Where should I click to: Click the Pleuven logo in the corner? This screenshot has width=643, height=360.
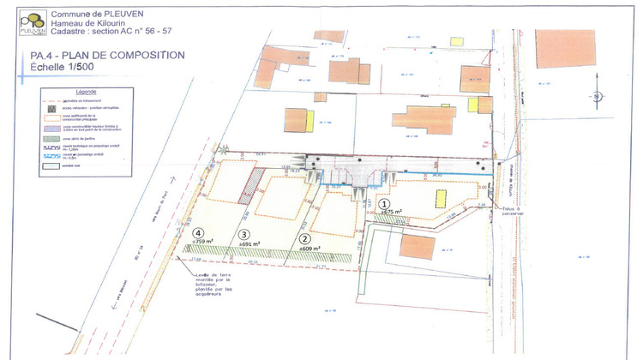point(33,22)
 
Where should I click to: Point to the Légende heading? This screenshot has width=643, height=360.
point(88,90)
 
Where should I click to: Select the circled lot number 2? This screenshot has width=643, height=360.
point(303,239)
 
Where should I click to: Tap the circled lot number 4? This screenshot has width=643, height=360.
point(198,232)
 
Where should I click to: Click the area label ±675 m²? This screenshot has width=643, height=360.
point(392,212)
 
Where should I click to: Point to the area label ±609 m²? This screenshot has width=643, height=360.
point(310,248)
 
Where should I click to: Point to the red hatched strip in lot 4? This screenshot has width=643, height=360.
point(252,183)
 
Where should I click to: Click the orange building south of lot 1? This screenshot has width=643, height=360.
point(418,246)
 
